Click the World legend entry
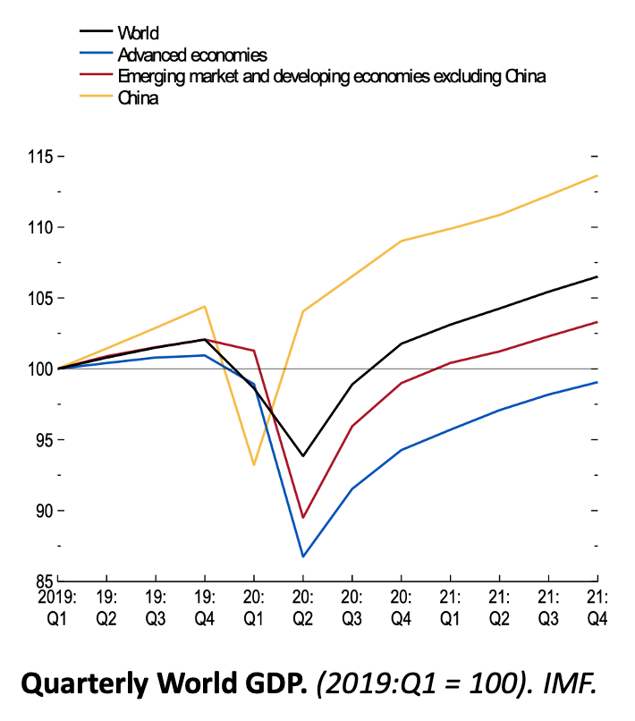pyautogui.click(x=138, y=33)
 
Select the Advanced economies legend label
pyautogui.click(x=192, y=55)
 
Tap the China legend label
pyautogui.click(x=138, y=98)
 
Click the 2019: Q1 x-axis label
pyautogui.click(x=56, y=606)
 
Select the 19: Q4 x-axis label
pyautogui.click(x=205, y=606)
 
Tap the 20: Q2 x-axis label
pyautogui.click(x=303, y=606)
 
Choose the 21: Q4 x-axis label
pyautogui.click(x=597, y=606)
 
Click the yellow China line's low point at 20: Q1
pyautogui.click(x=254, y=464)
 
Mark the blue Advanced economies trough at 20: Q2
pyautogui.click(x=303, y=556)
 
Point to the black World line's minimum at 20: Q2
pyautogui.click(x=303, y=456)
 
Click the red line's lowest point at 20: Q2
pyautogui.click(x=303, y=518)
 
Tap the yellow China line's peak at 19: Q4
pyautogui.click(x=205, y=307)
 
